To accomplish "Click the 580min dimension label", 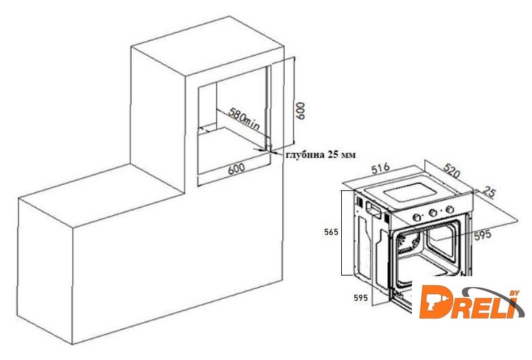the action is pyautogui.click(x=244, y=120).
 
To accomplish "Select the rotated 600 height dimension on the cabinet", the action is pyautogui.click(x=300, y=111).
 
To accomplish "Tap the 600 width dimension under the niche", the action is pyautogui.click(x=236, y=168).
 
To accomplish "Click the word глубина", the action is pyautogui.click(x=305, y=155).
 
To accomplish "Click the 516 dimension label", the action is pyautogui.click(x=380, y=169).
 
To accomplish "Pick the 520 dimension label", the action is pyautogui.click(x=452, y=171).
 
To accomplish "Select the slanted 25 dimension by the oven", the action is pyautogui.click(x=489, y=192).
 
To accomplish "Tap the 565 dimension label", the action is pyautogui.click(x=331, y=232).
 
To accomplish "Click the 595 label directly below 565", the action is pyautogui.click(x=360, y=298).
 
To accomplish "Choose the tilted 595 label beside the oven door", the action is pyautogui.click(x=483, y=235).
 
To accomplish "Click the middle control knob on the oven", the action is pyautogui.click(x=432, y=213).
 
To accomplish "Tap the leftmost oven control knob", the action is pyautogui.click(x=417, y=217).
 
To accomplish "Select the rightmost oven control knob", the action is pyautogui.click(x=450, y=210).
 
